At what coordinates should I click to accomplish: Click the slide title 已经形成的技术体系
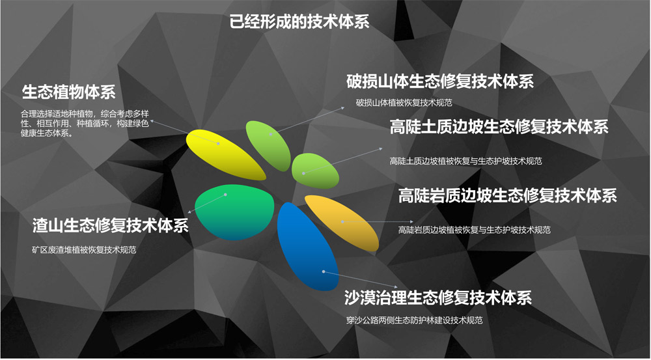point(299,21)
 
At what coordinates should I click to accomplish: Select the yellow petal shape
point(225,154)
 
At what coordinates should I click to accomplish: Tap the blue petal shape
point(307,247)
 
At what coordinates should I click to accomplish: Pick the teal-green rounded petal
point(234,212)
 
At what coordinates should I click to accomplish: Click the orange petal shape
point(342,223)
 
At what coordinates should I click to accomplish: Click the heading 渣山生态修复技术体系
point(111,225)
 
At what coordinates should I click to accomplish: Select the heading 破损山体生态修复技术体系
point(440,81)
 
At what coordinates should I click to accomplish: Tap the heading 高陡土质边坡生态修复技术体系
point(499,127)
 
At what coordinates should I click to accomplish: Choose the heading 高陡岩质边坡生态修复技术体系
point(508,195)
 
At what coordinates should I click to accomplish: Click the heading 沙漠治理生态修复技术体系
point(438,298)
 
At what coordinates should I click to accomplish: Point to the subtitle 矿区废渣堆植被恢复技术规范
point(84,250)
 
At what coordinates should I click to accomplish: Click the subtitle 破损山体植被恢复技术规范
point(404,103)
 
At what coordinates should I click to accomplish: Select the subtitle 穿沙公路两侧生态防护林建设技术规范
point(414,320)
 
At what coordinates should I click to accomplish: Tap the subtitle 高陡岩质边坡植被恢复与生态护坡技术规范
point(475,230)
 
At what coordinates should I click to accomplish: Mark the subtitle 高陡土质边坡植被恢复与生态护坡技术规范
point(466,161)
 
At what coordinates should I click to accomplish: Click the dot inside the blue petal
point(324,271)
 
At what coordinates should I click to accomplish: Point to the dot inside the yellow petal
point(218,143)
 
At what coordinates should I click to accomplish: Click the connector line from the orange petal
point(378,222)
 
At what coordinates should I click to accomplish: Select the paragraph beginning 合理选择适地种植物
point(85,123)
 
